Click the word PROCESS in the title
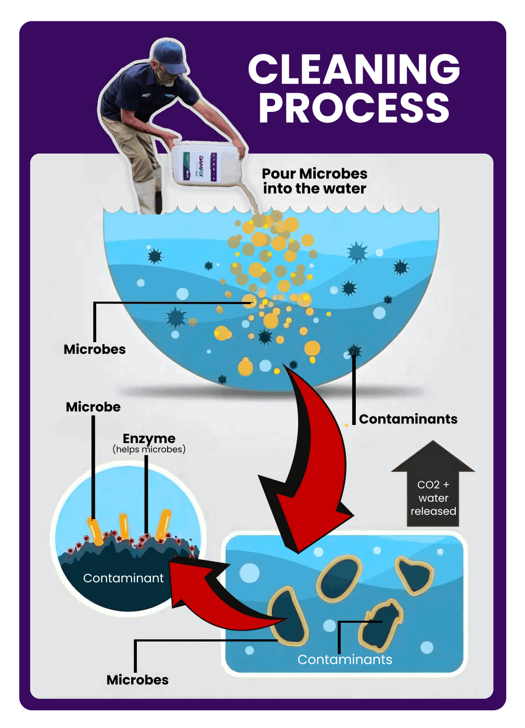(x=354, y=108)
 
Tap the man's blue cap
(x=170, y=55)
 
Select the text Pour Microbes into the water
(x=314, y=181)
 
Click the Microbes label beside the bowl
(x=95, y=349)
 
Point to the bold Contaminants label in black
(x=408, y=419)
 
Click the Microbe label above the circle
(x=93, y=407)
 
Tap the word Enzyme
(x=149, y=438)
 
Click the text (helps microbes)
(x=149, y=449)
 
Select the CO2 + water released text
(x=433, y=498)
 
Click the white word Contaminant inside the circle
(x=123, y=579)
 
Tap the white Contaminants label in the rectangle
(x=344, y=660)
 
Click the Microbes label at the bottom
(x=137, y=680)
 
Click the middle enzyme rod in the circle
(x=124, y=526)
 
